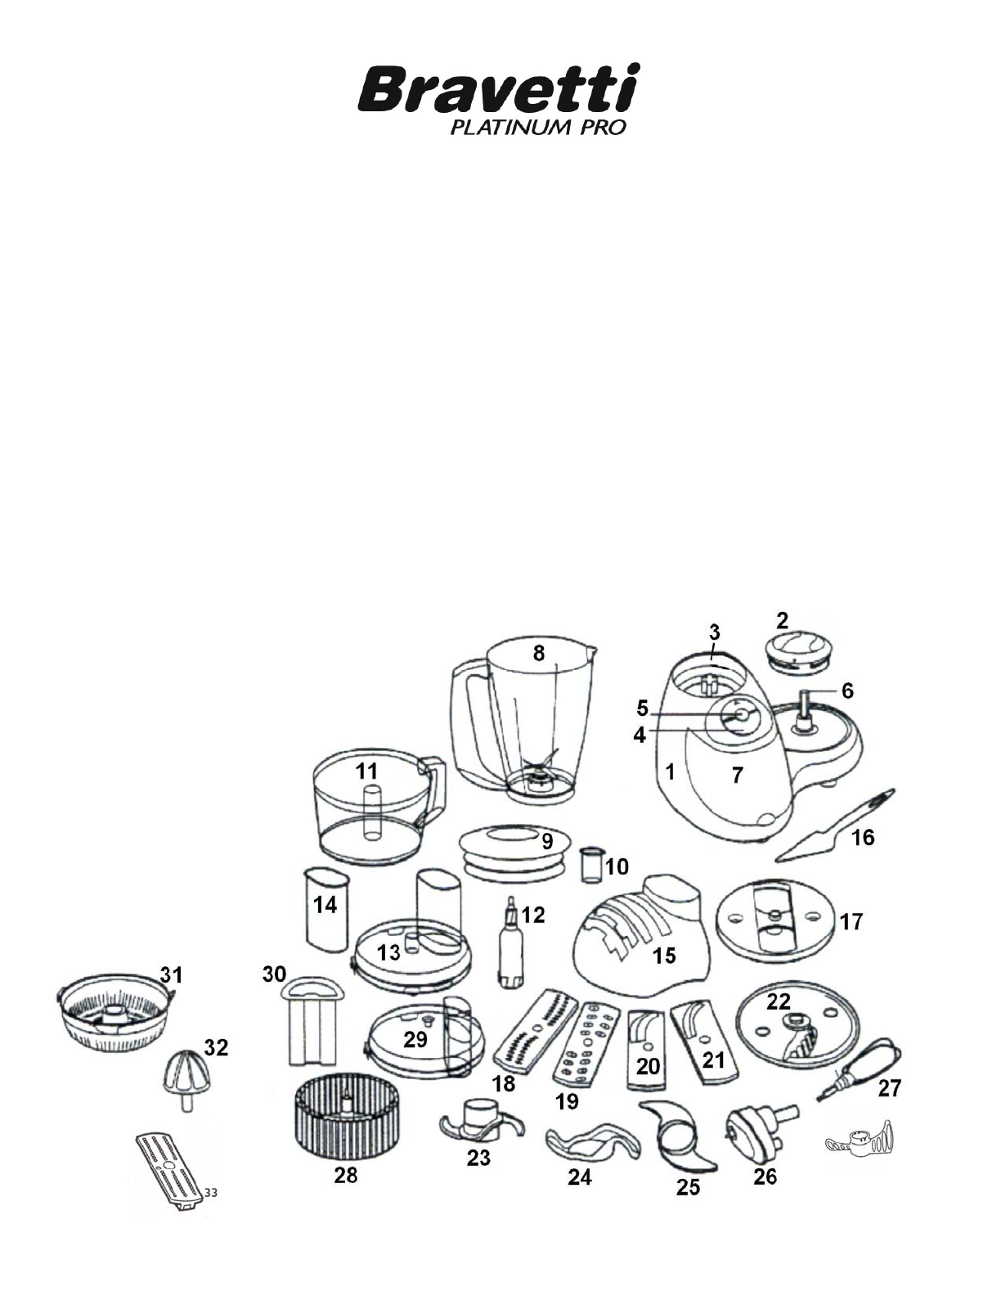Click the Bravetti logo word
tap(498, 89)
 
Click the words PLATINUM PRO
tap(538, 128)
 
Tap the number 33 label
tap(210, 1193)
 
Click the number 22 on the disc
tap(778, 1001)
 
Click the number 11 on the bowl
tap(366, 772)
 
